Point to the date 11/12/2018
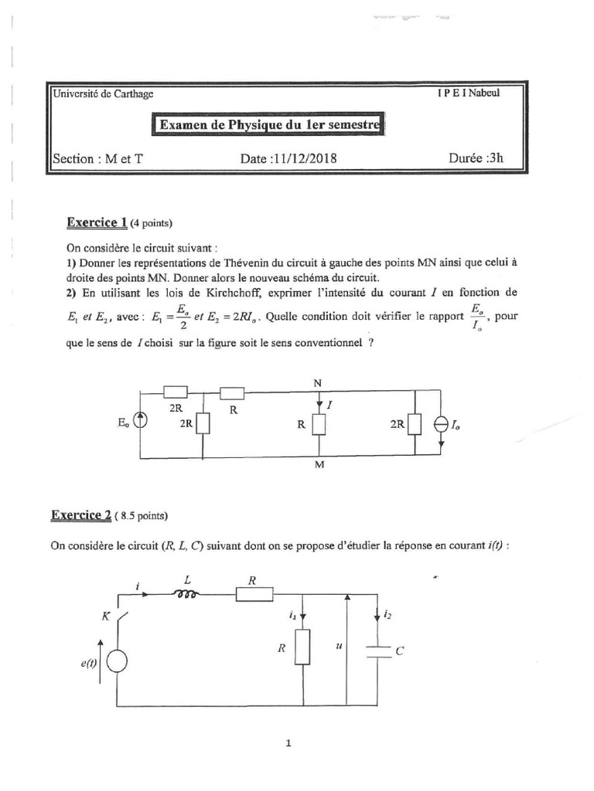coord(289,158)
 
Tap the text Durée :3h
coord(476,158)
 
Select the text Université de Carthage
coord(102,94)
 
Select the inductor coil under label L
coord(187,594)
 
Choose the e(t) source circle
coord(118,662)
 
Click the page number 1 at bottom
coord(288,745)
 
